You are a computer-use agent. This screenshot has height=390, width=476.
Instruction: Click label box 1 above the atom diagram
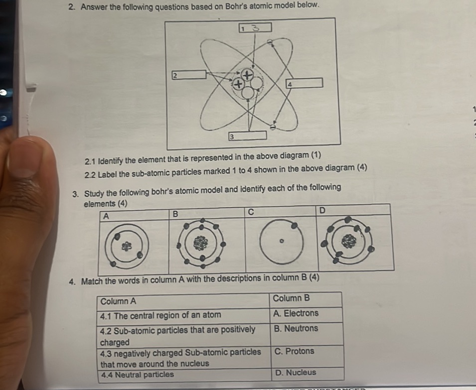pyautogui.click(x=255, y=27)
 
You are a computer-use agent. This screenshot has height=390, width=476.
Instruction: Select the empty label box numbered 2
pyautogui.click(x=188, y=75)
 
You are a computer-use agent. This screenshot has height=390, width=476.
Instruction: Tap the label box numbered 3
pyautogui.click(x=247, y=135)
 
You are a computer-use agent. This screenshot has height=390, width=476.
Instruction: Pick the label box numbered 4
pyautogui.click(x=304, y=83)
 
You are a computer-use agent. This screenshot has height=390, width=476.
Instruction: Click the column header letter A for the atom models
pyautogui.click(x=106, y=216)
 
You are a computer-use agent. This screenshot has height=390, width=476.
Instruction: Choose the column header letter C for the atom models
pyautogui.click(x=251, y=213)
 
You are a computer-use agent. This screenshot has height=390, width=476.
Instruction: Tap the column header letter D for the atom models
pyautogui.click(x=322, y=211)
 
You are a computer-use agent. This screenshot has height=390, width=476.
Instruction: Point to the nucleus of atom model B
pyautogui.click(x=201, y=244)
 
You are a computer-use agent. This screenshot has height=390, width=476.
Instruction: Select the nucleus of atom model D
pyautogui.click(x=348, y=242)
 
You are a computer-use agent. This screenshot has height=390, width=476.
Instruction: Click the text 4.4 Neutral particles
pyautogui.click(x=138, y=375)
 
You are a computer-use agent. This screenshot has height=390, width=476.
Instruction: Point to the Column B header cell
pyautogui.click(x=306, y=299)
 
